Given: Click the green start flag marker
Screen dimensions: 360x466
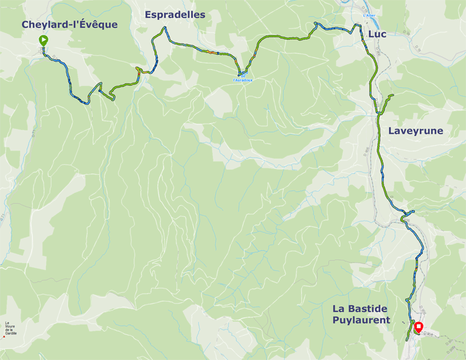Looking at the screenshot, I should tap(43, 41).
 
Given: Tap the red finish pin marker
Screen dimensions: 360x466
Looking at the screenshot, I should tap(419, 326).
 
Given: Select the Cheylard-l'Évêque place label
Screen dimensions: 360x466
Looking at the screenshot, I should tap(69, 24).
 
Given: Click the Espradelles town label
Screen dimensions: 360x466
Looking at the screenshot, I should tap(175, 14).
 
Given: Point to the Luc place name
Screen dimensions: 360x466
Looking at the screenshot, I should tap(377, 34).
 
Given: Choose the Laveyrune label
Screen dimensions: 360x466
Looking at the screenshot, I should tap(415, 131).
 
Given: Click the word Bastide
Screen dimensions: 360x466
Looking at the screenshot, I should tap(374, 309).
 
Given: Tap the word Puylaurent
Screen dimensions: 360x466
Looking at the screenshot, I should tap(360, 320).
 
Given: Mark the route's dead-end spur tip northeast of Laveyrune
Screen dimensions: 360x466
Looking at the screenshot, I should tap(393, 95).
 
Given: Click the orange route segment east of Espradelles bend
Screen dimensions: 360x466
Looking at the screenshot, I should tap(212, 52).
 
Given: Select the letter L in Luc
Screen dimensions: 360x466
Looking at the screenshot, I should tap(370, 34).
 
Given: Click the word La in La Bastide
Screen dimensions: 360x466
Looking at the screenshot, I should tap(339, 309).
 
